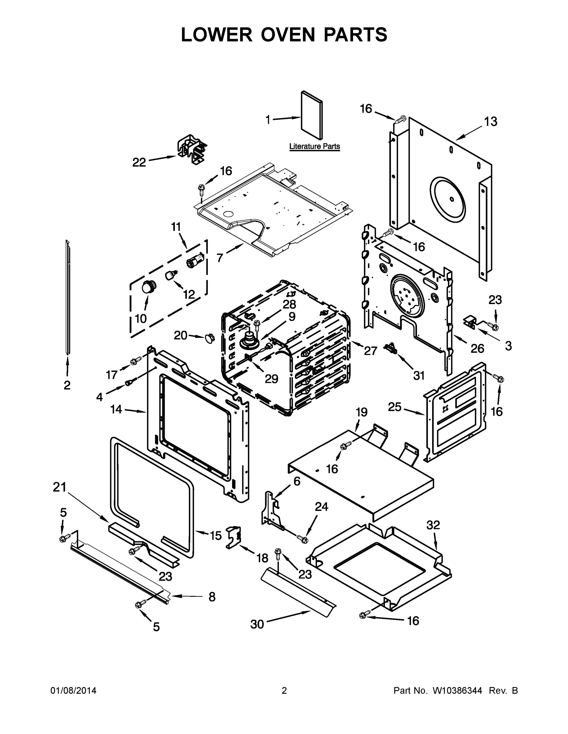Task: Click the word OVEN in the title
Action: pos(288,35)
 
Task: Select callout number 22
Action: pos(139,162)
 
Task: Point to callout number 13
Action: pos(491,122)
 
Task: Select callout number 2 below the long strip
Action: pos(67,385)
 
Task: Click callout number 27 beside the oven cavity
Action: pos(371,351)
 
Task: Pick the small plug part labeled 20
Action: pos(209,337)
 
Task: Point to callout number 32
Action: pos(433,525)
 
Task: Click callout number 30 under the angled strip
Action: pos(257,624)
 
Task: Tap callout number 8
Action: pos(212,597)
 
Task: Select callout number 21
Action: pos(60,487)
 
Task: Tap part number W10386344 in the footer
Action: pos(457,690)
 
